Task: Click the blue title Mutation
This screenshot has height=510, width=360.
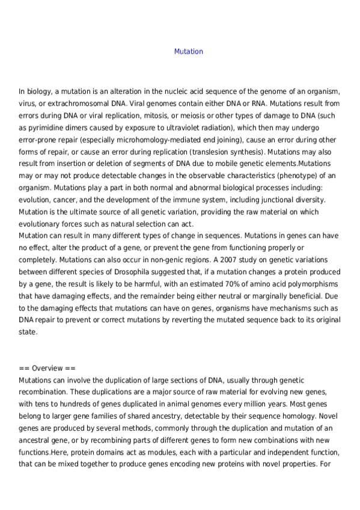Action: (189, 52)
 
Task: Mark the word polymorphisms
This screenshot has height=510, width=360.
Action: (310, 284)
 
